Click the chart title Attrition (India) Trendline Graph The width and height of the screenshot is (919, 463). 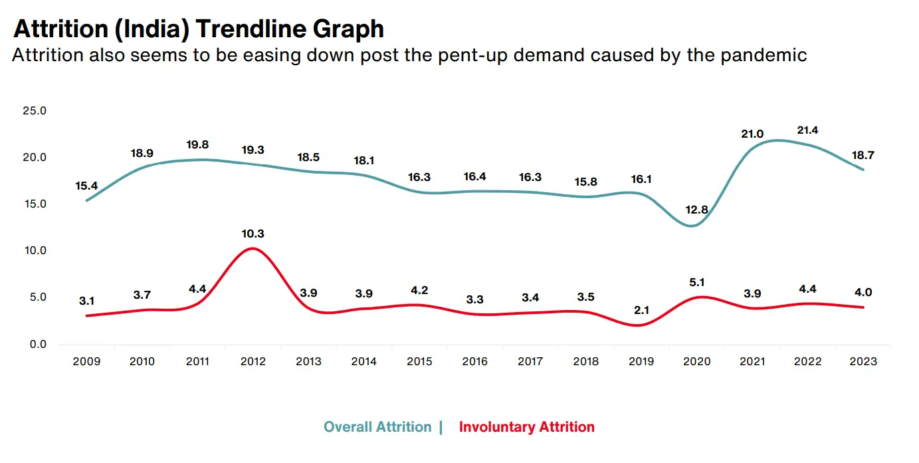click(199, 29)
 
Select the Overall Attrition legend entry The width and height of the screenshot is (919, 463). click(377, 427)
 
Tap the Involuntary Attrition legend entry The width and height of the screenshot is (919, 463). click(527, 427)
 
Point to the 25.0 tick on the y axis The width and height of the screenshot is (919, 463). click(35, 110)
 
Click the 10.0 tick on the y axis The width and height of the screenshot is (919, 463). click(35, 250)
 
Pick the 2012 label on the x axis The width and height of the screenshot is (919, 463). click(253, 361)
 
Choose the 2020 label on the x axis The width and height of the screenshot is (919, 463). click(696, 361)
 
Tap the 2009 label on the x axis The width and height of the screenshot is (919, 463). click(86, 361)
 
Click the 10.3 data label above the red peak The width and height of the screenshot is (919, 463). click(253, 233)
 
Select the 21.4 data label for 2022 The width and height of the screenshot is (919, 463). click(807, 130)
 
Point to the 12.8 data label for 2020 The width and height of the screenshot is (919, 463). click(696, 210)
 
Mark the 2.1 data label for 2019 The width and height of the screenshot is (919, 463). click(641, 310)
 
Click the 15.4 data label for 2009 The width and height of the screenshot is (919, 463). click(86, 186)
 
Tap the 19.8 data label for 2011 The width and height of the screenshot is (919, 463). click(197, 144)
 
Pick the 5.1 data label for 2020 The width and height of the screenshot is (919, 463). click(696, 282)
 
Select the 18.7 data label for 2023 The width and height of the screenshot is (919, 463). click(863, 155)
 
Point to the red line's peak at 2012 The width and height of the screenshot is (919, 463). click(253, 249)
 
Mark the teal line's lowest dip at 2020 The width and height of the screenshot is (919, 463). click(692, 226)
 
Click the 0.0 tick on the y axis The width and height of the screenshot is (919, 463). click(38, 345)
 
